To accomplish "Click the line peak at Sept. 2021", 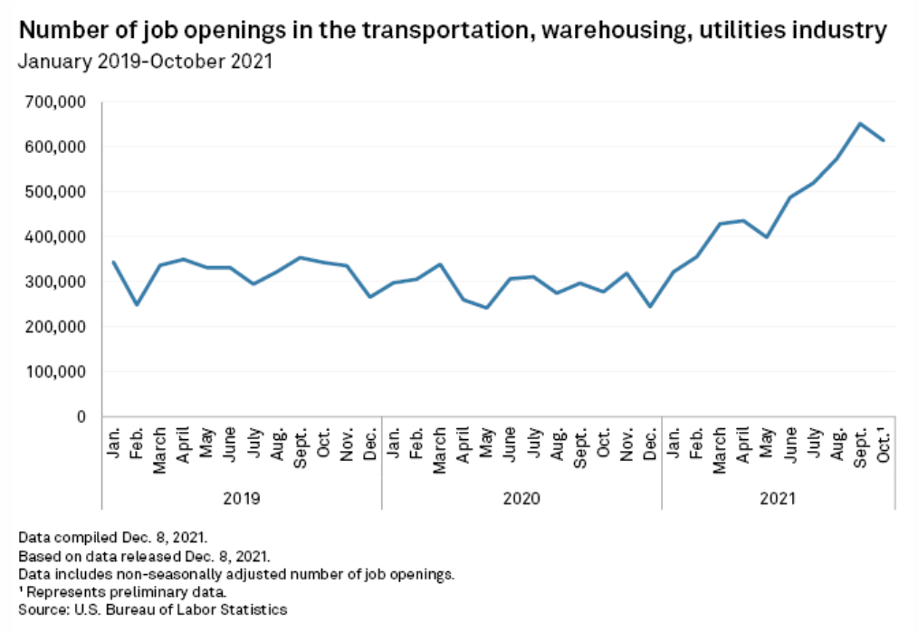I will tap(861, 123).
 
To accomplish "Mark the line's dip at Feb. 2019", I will tap(137, 304).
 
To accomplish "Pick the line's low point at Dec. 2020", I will tap(650, 306).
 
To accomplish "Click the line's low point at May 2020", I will tap(487, 308).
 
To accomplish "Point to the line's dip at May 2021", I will tap(768, 237).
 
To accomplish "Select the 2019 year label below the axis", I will tap(242, 497).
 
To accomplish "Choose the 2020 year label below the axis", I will tap(521, 497).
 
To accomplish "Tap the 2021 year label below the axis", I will tap(779, 497).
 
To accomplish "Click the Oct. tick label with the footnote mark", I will tap(885, 441).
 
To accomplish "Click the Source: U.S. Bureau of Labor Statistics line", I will tap(152, 609).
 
